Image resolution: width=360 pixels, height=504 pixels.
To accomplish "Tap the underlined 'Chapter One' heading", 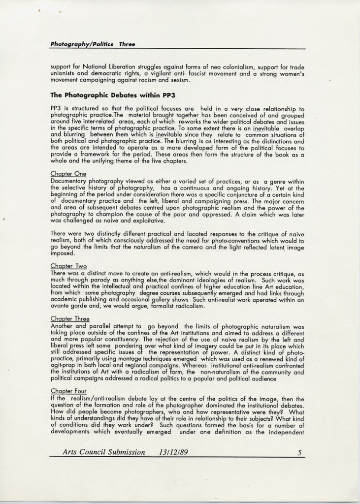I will (68, 174).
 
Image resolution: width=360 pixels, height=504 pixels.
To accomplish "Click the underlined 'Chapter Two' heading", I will (68, 266).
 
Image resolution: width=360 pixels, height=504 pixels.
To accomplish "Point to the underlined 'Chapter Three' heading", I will (70, 319).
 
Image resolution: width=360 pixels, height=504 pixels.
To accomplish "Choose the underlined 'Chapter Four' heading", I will (69, 392).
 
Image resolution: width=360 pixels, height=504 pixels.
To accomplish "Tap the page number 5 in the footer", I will (299, 452).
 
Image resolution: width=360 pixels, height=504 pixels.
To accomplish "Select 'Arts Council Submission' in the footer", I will (104, 452).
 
